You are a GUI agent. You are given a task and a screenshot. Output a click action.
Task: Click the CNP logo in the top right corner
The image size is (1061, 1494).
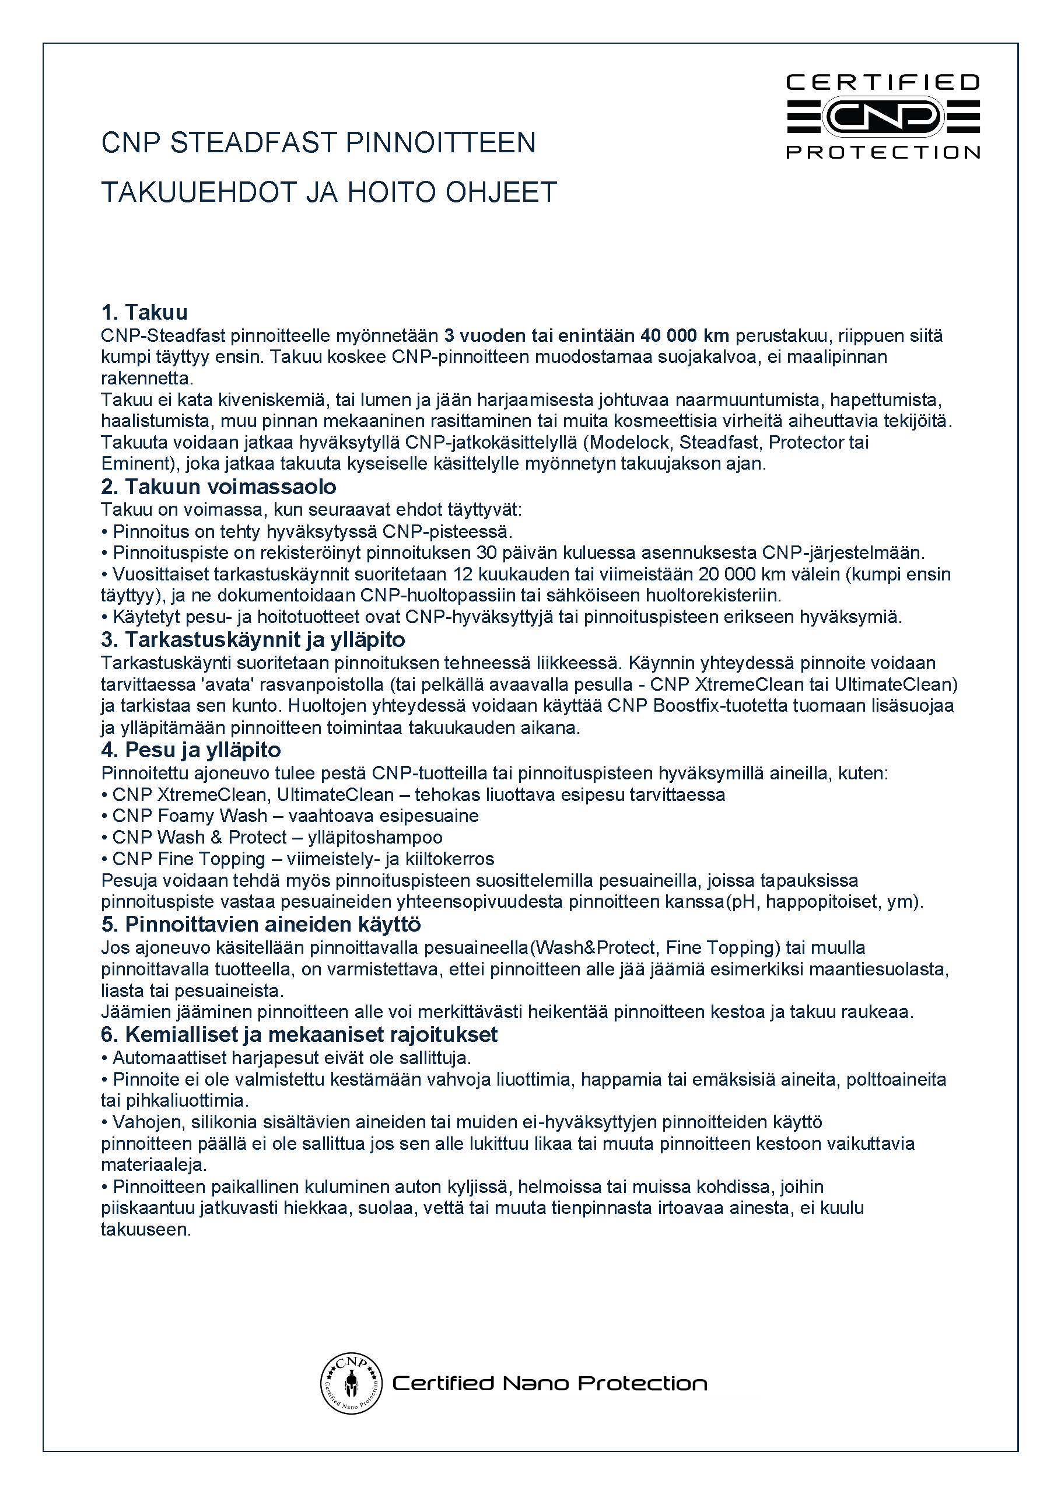[x=883, y=116]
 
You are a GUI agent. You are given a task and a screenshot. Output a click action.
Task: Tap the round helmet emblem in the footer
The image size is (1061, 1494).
[x=351, y=1383]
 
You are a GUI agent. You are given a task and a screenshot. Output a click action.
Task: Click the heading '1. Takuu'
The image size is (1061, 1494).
[x=145, y=312]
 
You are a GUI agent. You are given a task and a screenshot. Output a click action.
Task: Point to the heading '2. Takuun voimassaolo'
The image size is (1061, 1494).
[x=218, y=487]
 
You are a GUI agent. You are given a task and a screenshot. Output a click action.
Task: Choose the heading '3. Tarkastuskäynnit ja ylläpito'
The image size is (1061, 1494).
[x=253, y=639]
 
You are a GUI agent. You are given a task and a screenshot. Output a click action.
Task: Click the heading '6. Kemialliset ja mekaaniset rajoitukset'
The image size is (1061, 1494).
[x=299, y=1034]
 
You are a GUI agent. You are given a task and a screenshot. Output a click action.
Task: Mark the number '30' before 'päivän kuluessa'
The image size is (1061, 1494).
[x=486, y=552]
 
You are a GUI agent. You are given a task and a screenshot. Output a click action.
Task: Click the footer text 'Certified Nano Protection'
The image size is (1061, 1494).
[x=549, y=1384]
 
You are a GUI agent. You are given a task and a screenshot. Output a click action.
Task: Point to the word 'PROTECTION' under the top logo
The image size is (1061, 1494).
[x=883, y=152]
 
